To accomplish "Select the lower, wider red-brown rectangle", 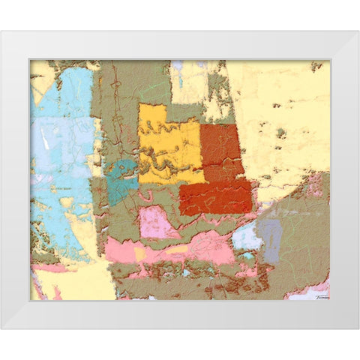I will (x=215, y=196).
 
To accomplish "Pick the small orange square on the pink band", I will (x=139, y=253).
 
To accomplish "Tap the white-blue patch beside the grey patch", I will (x=246, y=237).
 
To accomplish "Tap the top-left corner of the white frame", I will (x=1, y=31).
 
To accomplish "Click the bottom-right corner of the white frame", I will (x=358, y=328).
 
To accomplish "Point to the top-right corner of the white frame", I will (x=358, y=31).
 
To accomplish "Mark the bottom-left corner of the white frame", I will (x=1, y=328).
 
